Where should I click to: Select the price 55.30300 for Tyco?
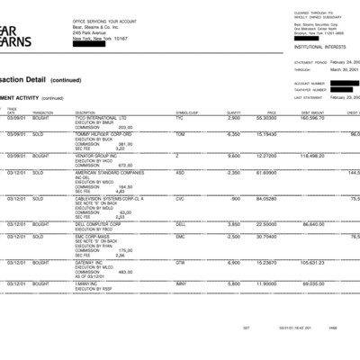click(x=265, y=118)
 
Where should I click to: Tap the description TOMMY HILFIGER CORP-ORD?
click(x=102, y=133)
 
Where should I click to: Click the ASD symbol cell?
click(x=180, y=172)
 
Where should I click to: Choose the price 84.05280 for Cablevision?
click(x=265, y=198)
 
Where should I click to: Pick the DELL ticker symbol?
click(x=181, y=224)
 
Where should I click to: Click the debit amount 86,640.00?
click(x=311, y=224)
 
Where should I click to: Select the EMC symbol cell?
click(x=180, y=236)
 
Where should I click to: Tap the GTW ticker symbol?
click(x=180, y=262)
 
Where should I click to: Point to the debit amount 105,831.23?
click(x=310, y=262)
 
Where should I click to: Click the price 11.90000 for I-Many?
click(x=265, y=283)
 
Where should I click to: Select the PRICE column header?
click(x=271, y=112)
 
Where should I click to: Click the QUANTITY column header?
click(x=233, y=112)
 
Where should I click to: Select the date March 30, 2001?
click(x=339, y=68)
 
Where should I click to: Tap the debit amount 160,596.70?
click(x=310, y=118)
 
